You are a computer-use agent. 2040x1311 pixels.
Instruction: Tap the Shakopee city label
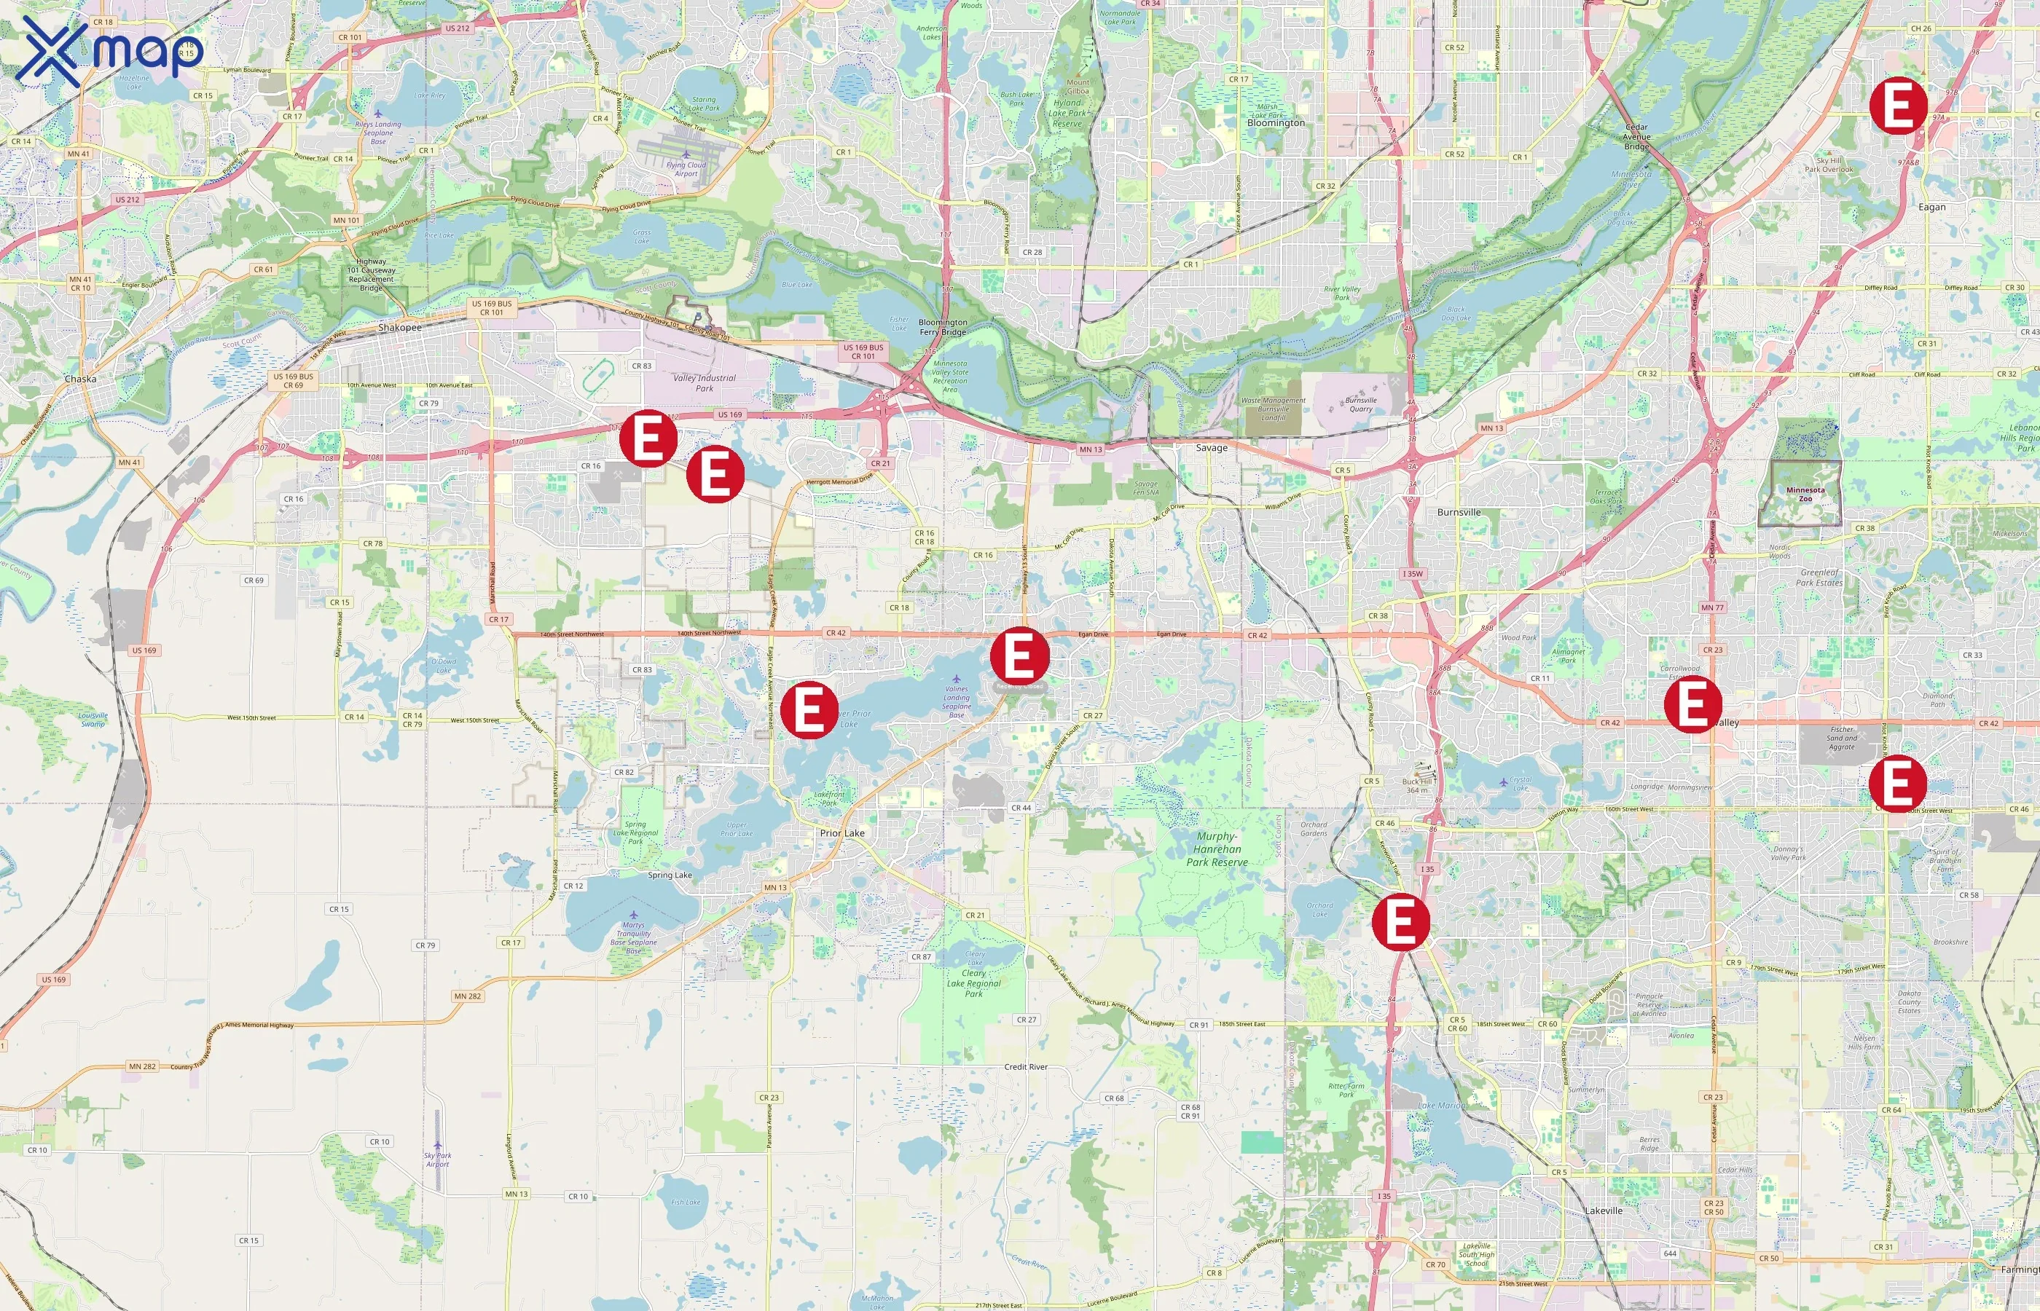coord(399,328)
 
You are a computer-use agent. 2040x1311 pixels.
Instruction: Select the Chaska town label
coord(80,379)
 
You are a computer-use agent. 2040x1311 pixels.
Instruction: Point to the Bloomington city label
coord(1276,122)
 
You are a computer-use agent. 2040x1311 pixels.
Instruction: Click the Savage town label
coord(1212,448)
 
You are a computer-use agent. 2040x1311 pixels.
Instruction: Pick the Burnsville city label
coord(1459,513)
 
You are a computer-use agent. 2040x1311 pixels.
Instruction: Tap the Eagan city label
coord(1932,207)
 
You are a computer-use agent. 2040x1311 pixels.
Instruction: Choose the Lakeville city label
coord(1604,1210)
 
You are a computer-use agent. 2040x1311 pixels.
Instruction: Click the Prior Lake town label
coord(842,833)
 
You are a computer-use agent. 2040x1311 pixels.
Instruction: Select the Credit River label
coord(1026,1067)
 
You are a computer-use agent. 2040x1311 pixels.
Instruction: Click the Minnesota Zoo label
coord(1805,494)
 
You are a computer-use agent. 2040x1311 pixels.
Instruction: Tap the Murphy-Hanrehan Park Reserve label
coord(1217,849)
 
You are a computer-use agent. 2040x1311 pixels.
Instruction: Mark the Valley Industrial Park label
coord(704,383)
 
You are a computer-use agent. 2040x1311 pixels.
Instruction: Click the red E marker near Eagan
coord(1898,106)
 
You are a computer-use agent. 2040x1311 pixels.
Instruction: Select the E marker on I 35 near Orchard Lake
coord(1400,921)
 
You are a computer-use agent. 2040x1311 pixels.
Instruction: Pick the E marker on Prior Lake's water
coord(809,709)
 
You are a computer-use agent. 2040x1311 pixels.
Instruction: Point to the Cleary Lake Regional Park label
coord(974,983)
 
